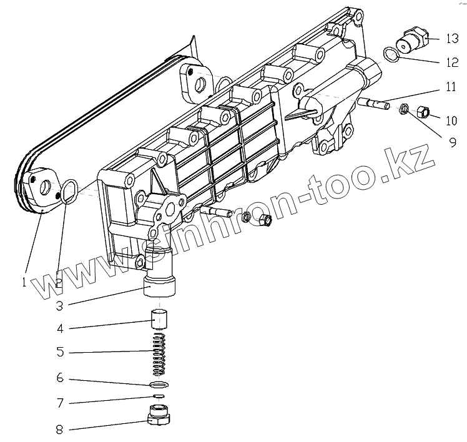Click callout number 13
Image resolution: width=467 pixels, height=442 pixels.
click(x=451, y=39)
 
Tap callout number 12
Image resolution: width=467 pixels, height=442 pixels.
click(x=451, y=62)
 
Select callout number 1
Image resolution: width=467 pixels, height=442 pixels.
click(x=23, y=282)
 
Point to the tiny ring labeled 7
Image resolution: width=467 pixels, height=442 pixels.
click(x=159, y=396)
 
